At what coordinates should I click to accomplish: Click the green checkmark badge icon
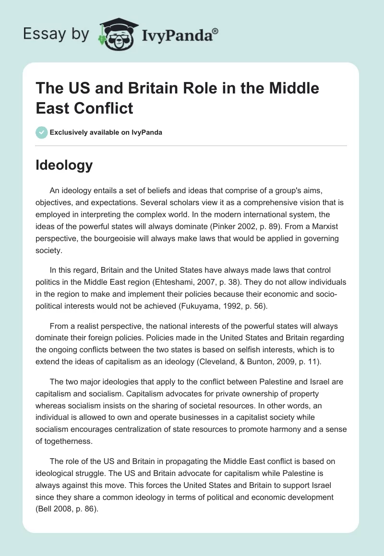point(42,132)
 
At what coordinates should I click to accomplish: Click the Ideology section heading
point(64,165)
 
